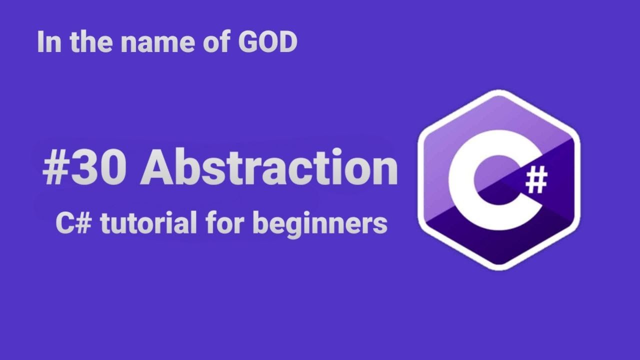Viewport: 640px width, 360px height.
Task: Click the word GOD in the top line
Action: [267, 42]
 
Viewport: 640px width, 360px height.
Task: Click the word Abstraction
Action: [268, 167]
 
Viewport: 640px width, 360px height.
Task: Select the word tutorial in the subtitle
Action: [148, 223]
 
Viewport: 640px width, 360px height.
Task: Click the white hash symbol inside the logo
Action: [536, 180]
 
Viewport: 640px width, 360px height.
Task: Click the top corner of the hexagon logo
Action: [498, 92]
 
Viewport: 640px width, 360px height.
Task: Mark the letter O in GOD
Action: [267, 42]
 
